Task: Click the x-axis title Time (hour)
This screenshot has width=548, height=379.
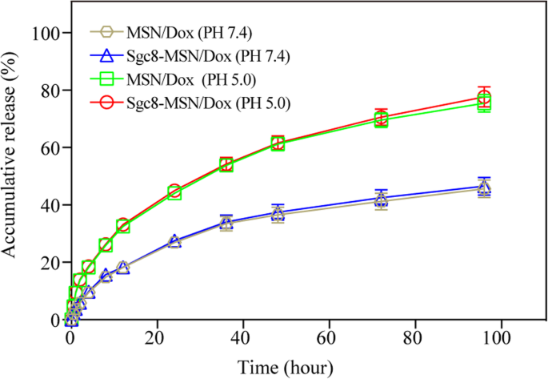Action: (x=284, y=367)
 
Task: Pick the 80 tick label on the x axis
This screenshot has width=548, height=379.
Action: (x=414, y=339)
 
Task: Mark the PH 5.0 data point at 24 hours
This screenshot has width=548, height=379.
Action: (x=174, y=192)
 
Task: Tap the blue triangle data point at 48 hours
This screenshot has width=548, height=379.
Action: (x=278, y=212)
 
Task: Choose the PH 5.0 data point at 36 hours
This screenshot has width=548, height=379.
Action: (x=226, y=164)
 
